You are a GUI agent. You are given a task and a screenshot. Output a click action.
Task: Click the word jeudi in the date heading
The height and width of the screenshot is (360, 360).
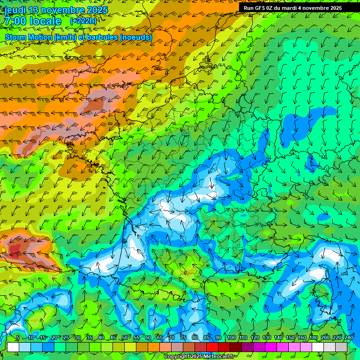tap(15, 10)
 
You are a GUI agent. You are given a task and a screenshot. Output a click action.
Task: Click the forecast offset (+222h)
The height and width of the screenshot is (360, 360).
tap(83, 21)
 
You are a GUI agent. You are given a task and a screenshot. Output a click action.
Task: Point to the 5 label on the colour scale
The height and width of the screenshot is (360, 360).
tap(18, 338)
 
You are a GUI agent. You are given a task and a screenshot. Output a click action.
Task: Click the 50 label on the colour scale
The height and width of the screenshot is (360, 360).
tap(124, 338)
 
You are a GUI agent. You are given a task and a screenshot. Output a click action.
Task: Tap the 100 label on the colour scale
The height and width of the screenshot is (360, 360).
tap(231, 338)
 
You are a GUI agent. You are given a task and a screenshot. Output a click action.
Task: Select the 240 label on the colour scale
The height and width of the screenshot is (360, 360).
tap(348, 338)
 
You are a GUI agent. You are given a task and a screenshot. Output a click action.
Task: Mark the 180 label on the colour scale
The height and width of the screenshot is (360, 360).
tap(313, 338)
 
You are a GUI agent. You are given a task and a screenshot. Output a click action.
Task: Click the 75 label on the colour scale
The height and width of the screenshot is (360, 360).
tap(183, 338)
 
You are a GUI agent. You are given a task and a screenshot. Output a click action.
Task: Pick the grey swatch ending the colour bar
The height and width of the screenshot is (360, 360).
tap(341, 347)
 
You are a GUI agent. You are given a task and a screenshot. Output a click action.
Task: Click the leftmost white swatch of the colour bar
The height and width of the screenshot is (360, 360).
tap(13, 347)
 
